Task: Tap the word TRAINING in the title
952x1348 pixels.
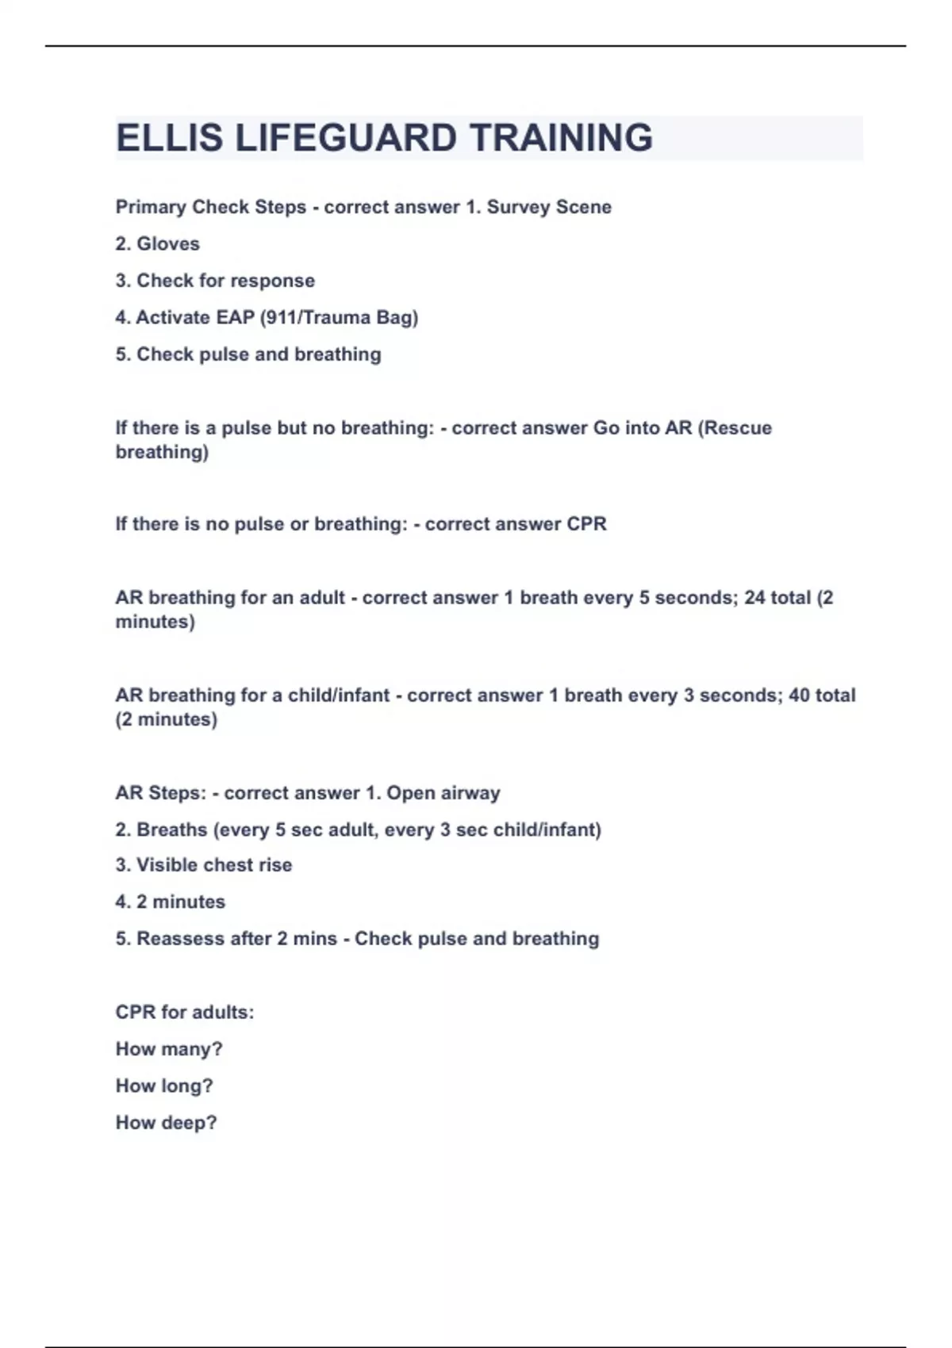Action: (561, 138)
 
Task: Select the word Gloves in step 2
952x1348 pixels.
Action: (168, 243)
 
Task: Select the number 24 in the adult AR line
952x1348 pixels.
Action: (755, 598)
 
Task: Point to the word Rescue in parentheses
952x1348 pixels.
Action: (738, 428)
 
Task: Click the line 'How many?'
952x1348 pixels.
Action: (169, 1049)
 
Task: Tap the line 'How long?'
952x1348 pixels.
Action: (164, 1086)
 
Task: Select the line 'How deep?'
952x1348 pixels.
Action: (166, 1123)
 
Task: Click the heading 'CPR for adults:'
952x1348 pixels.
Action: (185, 1013)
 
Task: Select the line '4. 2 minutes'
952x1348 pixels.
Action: (171, 902)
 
